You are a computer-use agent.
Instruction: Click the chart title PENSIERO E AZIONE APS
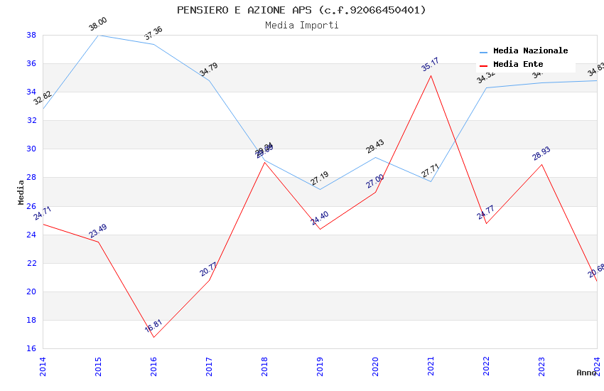pos(301,10)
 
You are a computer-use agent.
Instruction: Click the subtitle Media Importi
pos(301,26)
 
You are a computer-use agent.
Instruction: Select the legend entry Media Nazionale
pos(530,51)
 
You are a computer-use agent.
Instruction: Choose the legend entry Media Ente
pos(518,65)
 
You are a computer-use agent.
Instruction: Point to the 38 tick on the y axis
pos(31,35)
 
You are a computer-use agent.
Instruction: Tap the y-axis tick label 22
pos(31,263)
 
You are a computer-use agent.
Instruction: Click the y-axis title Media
pos(21,192)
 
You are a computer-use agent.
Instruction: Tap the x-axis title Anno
pos(586,373)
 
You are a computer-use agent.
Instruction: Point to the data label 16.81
pos(153,326)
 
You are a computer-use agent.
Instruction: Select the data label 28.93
pos(541,154)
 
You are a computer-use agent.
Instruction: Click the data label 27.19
pos(319,178)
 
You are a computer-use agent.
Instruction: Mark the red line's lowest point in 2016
pos(153,337)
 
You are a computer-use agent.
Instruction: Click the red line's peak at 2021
pos(431,75)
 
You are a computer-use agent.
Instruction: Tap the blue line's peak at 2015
pos(98,35)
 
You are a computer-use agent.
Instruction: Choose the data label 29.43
pos(375,146)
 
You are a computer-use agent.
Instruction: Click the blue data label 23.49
pos(98,231)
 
